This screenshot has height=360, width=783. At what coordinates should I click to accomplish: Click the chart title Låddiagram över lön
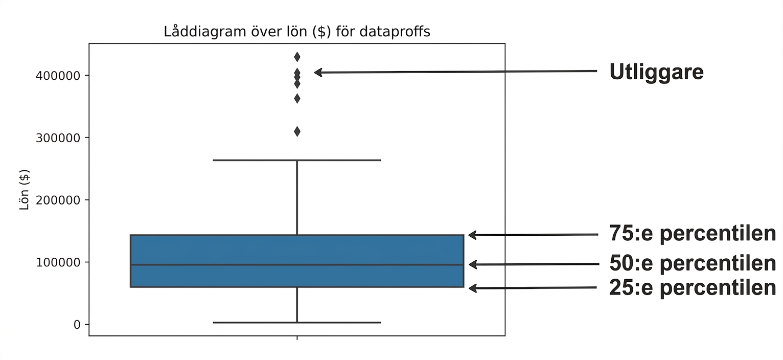pyautogui.click(x=297, y=32)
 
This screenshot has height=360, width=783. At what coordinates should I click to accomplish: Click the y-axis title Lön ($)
pyautogui.click(x=24, y=190)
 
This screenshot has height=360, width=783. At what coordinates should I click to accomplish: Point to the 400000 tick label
pyautogui.click(x=58, y=76)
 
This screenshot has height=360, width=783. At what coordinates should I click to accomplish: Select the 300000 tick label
pyautogui.click(x=58, y=138)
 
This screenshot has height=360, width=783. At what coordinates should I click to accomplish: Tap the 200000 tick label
pyautogui.click(x=58, y=200)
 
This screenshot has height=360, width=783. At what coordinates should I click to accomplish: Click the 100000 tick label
pyautogui.click(x=58, y=262)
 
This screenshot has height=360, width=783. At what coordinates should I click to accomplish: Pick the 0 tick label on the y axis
pyautogui.click(x=77, y=325)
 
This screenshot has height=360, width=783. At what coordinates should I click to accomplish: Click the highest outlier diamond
pyautogui.click(x=297, y=57)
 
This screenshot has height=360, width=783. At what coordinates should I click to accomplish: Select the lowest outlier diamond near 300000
pyautogui.click(x=297, y=131)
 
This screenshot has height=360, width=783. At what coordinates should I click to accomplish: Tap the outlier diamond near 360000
pyautogui.click(x=297, y=99)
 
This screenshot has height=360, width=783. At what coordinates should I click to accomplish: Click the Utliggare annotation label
pyautogui.click(x=656, y=73)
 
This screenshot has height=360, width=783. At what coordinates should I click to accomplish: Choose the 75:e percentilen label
pyautogui.click(x=693, y=233)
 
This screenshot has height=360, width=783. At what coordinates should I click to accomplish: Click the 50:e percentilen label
pyautogui.click(x=693, y=263)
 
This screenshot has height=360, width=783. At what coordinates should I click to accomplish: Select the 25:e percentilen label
pyautogui.click(x=693, y=287)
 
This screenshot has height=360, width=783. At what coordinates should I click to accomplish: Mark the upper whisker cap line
pyautogui.click(x=297, y=160)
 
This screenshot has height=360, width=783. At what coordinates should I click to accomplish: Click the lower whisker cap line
pyautogui.click(x=297, y=322)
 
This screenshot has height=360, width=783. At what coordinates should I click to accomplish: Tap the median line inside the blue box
pyautogui.click(x=297, y=265)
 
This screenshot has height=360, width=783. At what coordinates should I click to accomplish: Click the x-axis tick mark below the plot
pyautogui.click(x=297, y=338)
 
